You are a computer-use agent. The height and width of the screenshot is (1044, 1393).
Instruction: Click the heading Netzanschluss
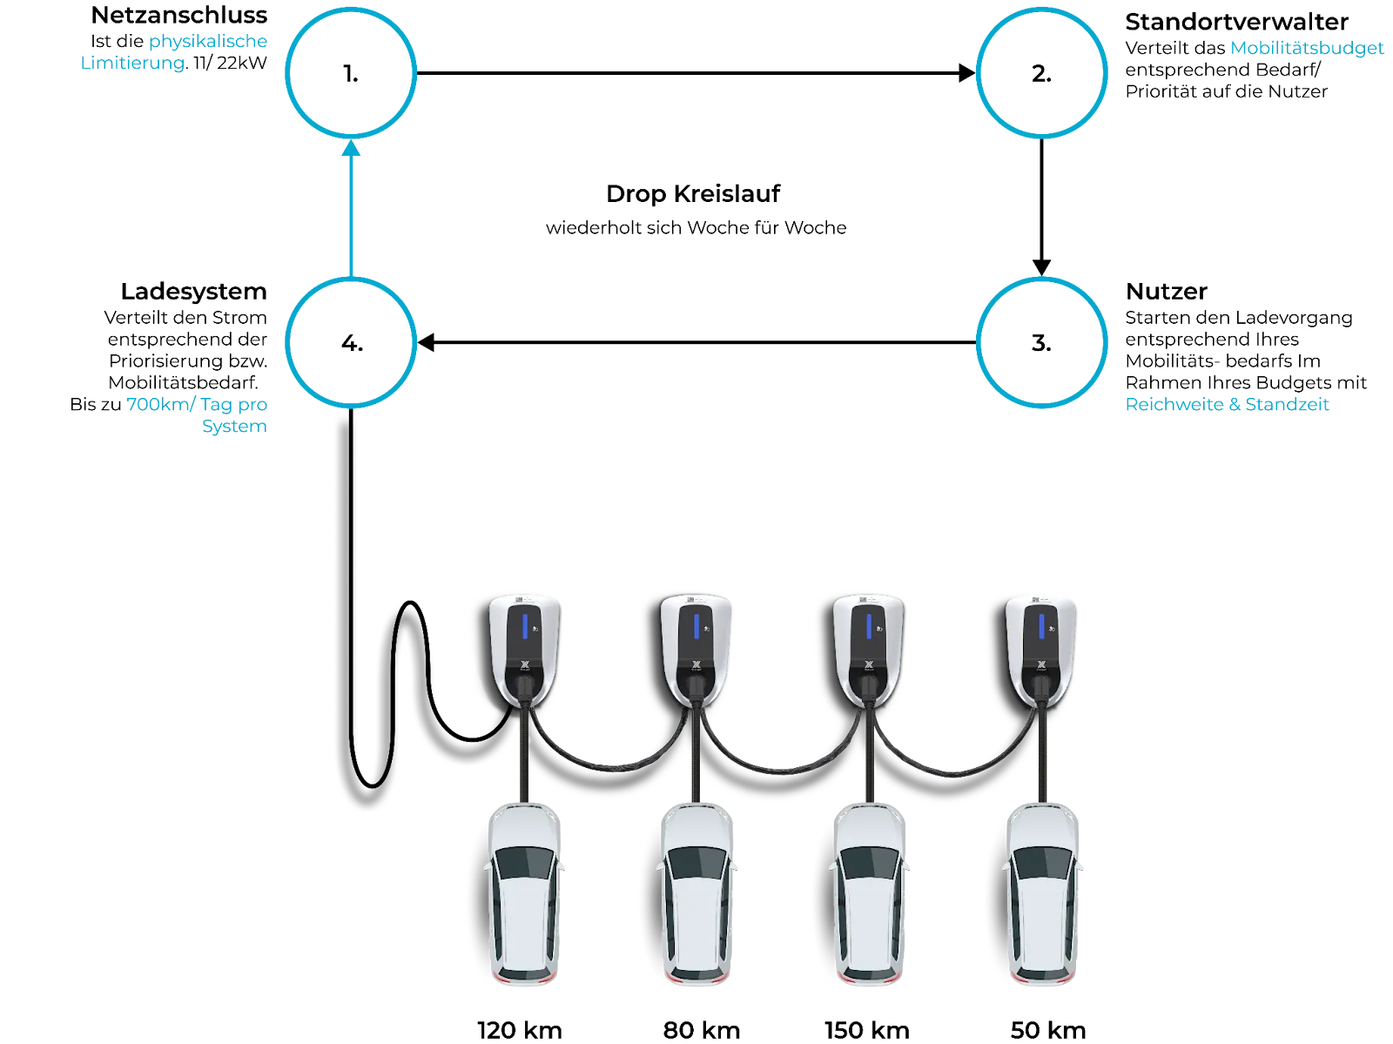[179, 15]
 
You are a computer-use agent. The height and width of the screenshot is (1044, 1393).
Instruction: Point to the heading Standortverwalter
[1236, 22]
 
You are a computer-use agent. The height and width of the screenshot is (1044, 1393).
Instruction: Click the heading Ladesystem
[193, 292]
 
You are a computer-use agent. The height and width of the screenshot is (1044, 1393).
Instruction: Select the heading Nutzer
[1166, 292]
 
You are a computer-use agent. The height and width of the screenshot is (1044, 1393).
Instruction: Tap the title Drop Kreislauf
[693, 193]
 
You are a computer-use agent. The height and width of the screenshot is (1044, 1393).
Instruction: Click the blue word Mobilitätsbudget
[1307, 48]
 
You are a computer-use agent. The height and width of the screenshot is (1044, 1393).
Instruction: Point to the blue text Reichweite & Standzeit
[1227, 404]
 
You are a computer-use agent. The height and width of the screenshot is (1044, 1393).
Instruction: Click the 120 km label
[520, 1030]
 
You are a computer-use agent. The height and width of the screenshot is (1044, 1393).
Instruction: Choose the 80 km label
[701, 1030]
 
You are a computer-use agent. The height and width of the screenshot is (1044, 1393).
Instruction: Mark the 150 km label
[867, 1030]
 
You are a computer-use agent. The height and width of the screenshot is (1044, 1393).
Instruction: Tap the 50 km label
[1047, 1030]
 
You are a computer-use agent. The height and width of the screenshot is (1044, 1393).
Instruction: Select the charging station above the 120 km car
[524, 651]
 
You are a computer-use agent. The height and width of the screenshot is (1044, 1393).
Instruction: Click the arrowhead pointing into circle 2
[966, 73]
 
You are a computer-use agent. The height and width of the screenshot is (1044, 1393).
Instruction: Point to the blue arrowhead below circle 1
[351, 148]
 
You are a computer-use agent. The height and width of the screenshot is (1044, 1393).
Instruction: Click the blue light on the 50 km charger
[1041, 626]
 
